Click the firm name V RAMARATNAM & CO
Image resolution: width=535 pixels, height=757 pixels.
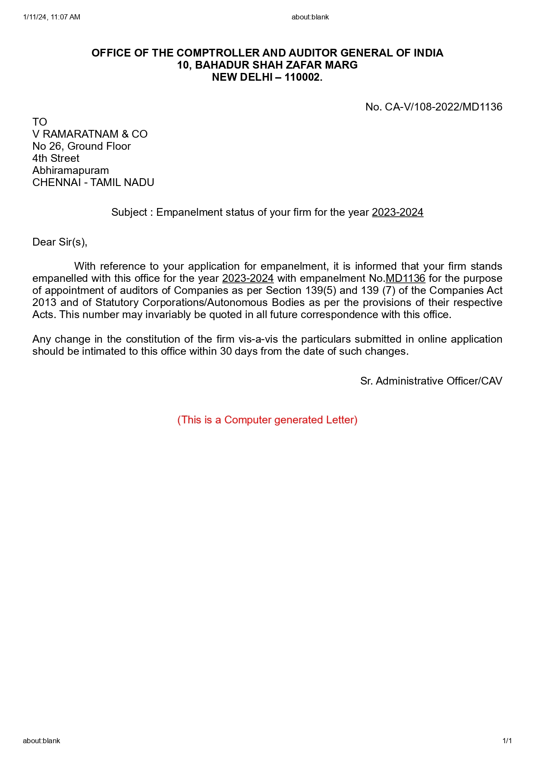pyautogui.click(x=90, y=134)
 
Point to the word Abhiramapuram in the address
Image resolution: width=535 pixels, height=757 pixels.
pyautogui.click(x=70, y=170)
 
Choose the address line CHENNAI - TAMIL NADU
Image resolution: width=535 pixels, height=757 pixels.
pyautogui.click(x=93, y=183)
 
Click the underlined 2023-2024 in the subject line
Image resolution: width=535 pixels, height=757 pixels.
pyautogui.click(x=397, y=212)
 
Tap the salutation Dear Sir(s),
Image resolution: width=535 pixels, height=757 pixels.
pyautogui.click(x=60, y=242)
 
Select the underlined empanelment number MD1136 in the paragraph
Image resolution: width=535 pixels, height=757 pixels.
pyautogui.click(x=405, y=278)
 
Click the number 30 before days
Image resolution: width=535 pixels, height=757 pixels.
pyautogui.click(x=226, y=351)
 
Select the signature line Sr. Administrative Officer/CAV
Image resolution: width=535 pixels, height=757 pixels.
pyautogui.click(x=431, y=381)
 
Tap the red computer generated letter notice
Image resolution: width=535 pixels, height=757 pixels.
pyautogui.click(x=267, y=420)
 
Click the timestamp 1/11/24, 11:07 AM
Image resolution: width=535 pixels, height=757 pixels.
pyautogui.click(x=52, y=17)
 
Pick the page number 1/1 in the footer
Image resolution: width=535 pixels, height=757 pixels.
pyautogui.click(x=507, y=741)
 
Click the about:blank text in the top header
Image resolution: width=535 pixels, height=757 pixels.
pyautogui.click(x=310, y=17)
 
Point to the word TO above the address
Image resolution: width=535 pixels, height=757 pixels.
pyautogui.click(x=40, y=122)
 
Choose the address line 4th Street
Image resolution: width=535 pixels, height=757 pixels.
pyautogui.click(x=56, y=158)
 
